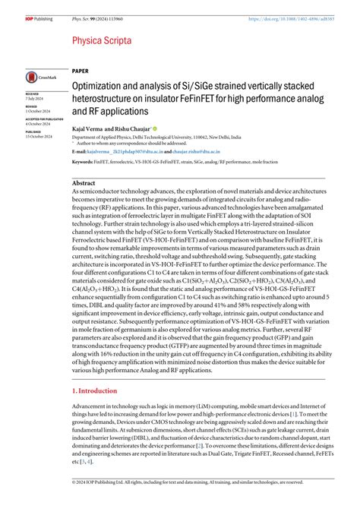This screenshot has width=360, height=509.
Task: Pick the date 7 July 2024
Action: click(x=34, y=99)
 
